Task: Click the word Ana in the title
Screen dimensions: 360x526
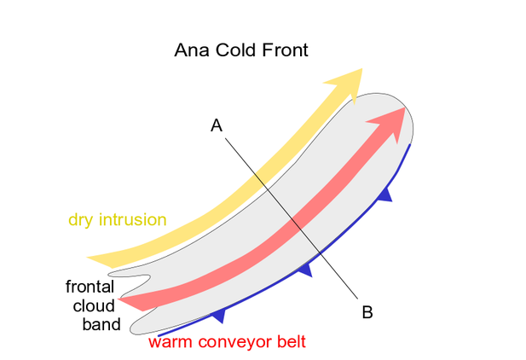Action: tap(189, 50)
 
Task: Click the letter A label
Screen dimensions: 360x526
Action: tap(217, 125)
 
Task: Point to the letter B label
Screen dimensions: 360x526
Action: tap(367, 312)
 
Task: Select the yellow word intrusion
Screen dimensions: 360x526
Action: tap(133, 219)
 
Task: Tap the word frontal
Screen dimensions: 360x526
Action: tap(90, 287)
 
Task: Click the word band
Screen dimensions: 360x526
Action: tap(101, 324)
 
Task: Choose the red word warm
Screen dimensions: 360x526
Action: tap(171, 343)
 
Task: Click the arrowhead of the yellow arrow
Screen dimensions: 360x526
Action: tap(346, 82)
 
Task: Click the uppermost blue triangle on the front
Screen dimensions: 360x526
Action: tap(385, 195)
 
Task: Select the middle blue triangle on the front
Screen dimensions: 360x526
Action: tap(305, 270)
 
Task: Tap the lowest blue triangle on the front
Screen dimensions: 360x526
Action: tap(219, 315)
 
